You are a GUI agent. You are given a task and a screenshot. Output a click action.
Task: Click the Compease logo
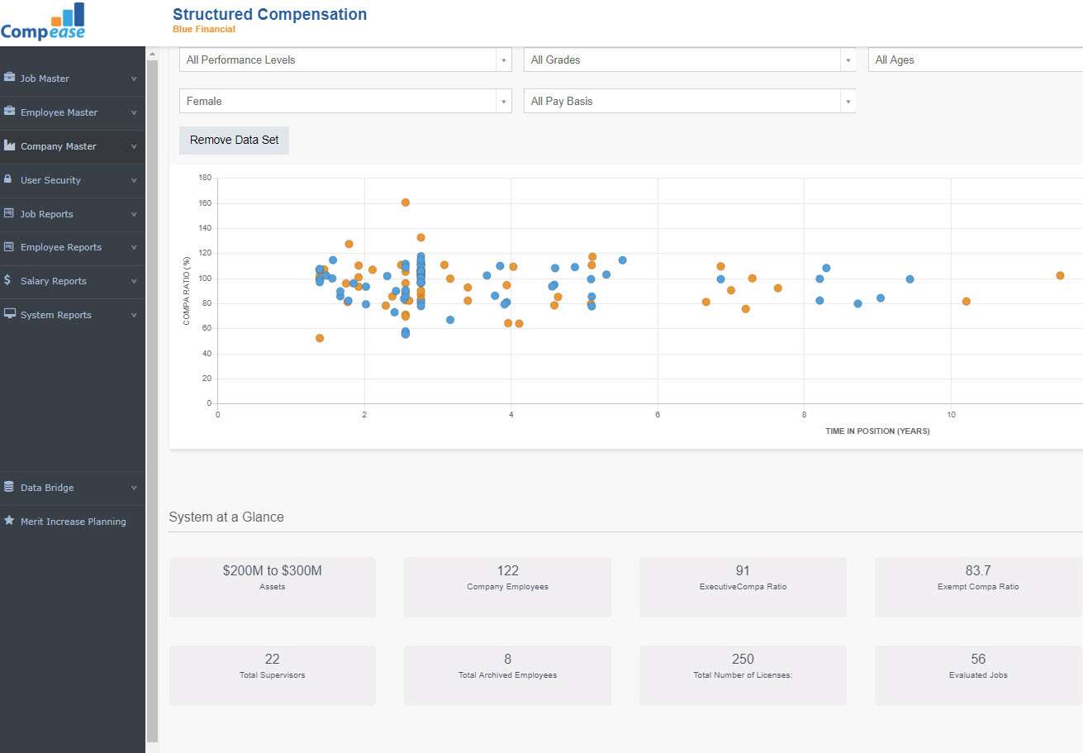point(43,22)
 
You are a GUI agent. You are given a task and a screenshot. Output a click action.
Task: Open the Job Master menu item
point(45,79)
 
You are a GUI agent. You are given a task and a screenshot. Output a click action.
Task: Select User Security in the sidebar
point(50,180)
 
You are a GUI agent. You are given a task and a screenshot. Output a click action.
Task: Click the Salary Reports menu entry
point(54,281)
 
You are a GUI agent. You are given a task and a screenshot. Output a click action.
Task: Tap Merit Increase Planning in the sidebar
point(73,522)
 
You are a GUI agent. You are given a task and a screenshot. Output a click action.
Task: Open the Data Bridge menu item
point(47,488)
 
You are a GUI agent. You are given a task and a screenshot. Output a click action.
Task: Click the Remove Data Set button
point(234,140)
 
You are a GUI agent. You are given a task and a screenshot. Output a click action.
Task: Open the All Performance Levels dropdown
point(344,60)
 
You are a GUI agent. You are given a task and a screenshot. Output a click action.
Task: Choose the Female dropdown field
point(344,101)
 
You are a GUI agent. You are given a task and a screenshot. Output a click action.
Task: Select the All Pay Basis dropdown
point(689,101)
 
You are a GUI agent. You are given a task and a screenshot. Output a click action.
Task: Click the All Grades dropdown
point(689,60)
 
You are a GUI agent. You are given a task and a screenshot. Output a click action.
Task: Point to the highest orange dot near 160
point(405,203)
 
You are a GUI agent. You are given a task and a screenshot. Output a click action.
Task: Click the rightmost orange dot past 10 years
point(1060,275)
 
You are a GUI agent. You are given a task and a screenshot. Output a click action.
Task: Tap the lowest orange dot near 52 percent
point(320,338)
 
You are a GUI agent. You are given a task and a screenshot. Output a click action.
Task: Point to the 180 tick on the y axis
point(205,178)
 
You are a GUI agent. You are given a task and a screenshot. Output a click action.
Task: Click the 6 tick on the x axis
point(658,415)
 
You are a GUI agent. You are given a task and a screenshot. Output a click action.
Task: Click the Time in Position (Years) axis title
point(877,431)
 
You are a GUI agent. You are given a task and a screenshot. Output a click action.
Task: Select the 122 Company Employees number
point(507,570)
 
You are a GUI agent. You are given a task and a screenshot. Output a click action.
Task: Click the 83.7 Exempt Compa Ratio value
point(978,570)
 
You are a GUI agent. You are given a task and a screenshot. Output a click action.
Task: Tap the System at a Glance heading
point(226,517)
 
